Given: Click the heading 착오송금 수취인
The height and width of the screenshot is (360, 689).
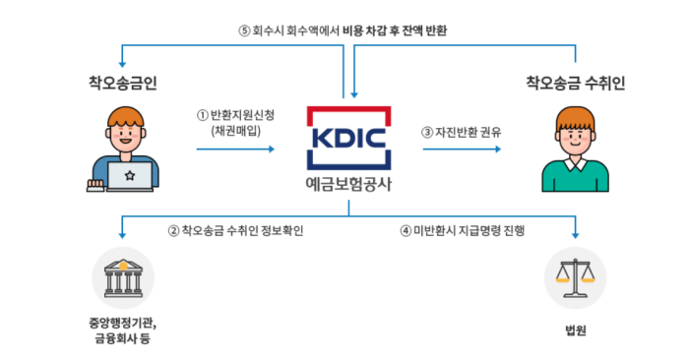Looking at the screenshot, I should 575,79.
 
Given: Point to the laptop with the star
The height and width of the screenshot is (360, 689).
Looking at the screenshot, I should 127,177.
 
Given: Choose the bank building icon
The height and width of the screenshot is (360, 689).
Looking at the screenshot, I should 123,278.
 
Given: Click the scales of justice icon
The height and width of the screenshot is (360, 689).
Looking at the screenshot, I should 576,278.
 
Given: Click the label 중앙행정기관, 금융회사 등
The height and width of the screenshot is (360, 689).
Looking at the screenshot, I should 123,330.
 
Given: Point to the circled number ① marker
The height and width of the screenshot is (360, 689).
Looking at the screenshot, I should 203,114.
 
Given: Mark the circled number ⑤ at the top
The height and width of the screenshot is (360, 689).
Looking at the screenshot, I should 245,30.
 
